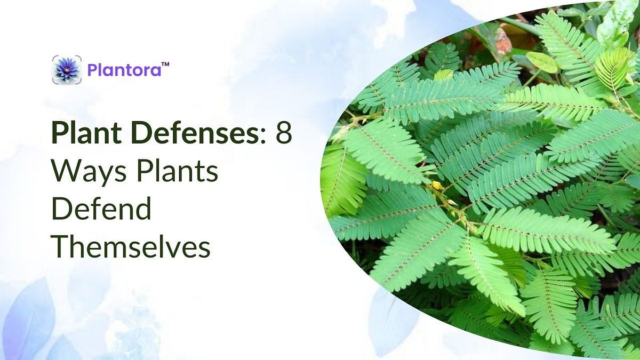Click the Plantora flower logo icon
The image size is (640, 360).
[67, 69]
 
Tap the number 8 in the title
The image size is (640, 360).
[284, 133]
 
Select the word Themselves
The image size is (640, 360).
[131, 247]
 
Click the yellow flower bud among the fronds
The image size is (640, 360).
[436, 186]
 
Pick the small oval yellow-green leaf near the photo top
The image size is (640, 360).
[541, 62]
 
